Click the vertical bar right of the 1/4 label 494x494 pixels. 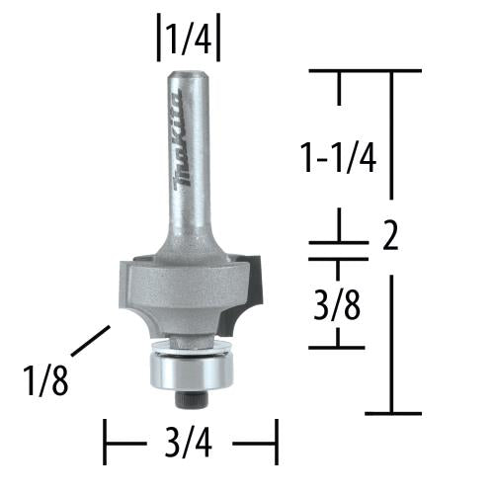(x=219, y=40)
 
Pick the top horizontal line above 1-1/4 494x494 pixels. (x=366, y=70)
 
